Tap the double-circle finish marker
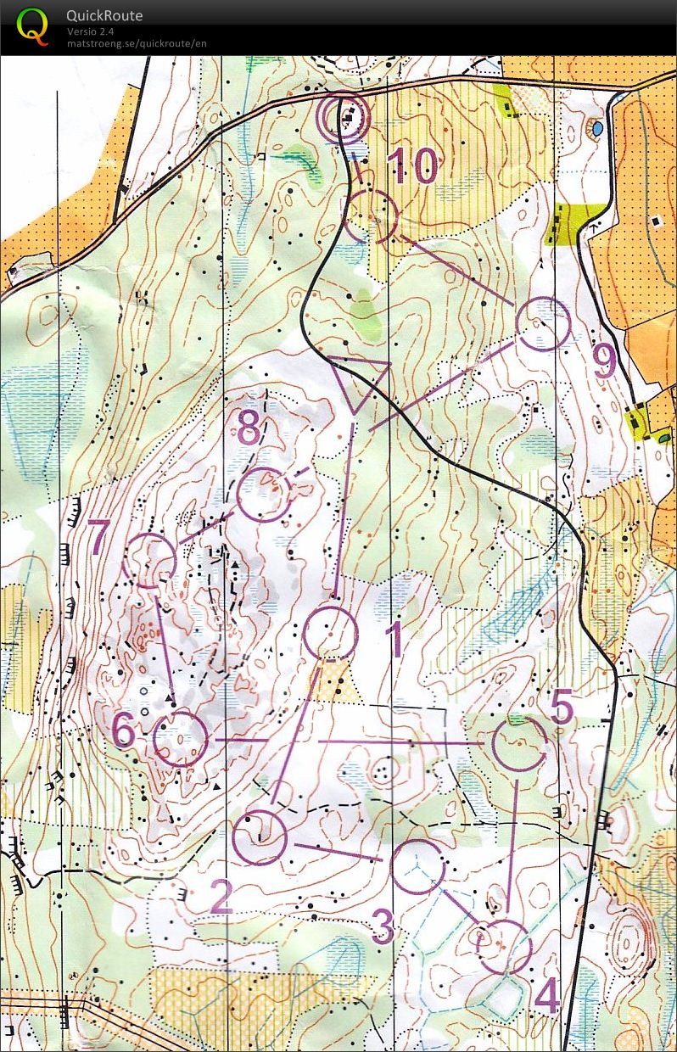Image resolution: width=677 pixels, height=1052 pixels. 344,116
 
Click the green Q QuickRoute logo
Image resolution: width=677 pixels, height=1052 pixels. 32,26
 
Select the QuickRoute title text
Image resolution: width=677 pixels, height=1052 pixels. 105,16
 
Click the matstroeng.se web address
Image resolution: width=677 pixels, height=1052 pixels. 137,43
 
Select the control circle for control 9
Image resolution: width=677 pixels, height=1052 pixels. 543,324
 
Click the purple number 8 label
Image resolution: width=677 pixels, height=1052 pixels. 249,429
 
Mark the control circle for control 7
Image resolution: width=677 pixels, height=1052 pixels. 149,561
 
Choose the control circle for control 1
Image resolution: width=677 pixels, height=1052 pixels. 330,632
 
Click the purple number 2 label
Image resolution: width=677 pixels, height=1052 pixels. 221,897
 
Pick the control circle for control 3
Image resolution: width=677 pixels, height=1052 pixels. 418,866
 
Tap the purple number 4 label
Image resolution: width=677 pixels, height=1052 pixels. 548,997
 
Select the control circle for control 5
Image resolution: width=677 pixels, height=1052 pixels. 519,743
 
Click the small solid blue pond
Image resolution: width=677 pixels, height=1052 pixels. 598,128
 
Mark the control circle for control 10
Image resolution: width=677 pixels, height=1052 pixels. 372,216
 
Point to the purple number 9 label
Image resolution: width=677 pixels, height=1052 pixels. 604,362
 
